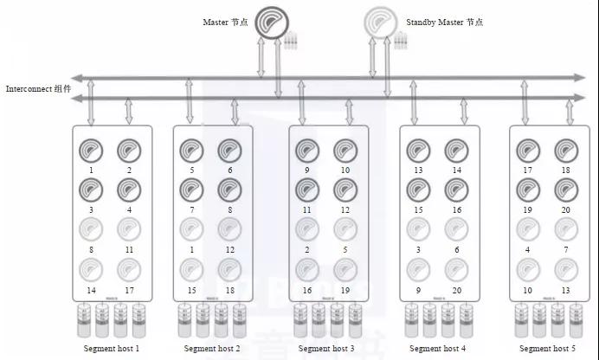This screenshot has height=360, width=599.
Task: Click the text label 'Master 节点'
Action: (225, 22)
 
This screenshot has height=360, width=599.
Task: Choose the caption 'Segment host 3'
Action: (326, 348)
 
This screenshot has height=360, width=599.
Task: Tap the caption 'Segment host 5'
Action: (548, 348)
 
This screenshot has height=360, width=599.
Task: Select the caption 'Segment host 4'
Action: (437, 348)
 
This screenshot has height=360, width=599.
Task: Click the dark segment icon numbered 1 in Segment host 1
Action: (91, 151)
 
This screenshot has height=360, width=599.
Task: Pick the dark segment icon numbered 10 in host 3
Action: (345, 151)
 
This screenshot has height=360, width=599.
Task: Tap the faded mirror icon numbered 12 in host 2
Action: (229, 229)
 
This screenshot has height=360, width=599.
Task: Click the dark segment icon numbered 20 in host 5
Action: (566, 190)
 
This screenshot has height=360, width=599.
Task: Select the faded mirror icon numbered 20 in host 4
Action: (456, 269)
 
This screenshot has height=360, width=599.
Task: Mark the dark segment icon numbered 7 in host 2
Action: (191, 190)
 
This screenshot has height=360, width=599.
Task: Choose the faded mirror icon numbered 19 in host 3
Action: (345, 269)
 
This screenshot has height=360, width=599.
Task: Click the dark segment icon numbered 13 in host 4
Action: (418, 151)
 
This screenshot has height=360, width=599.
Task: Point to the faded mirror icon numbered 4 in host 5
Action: (528, 229)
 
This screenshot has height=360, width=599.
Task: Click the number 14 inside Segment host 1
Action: (91, 290)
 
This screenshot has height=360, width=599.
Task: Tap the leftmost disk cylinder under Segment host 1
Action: (82, 321)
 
